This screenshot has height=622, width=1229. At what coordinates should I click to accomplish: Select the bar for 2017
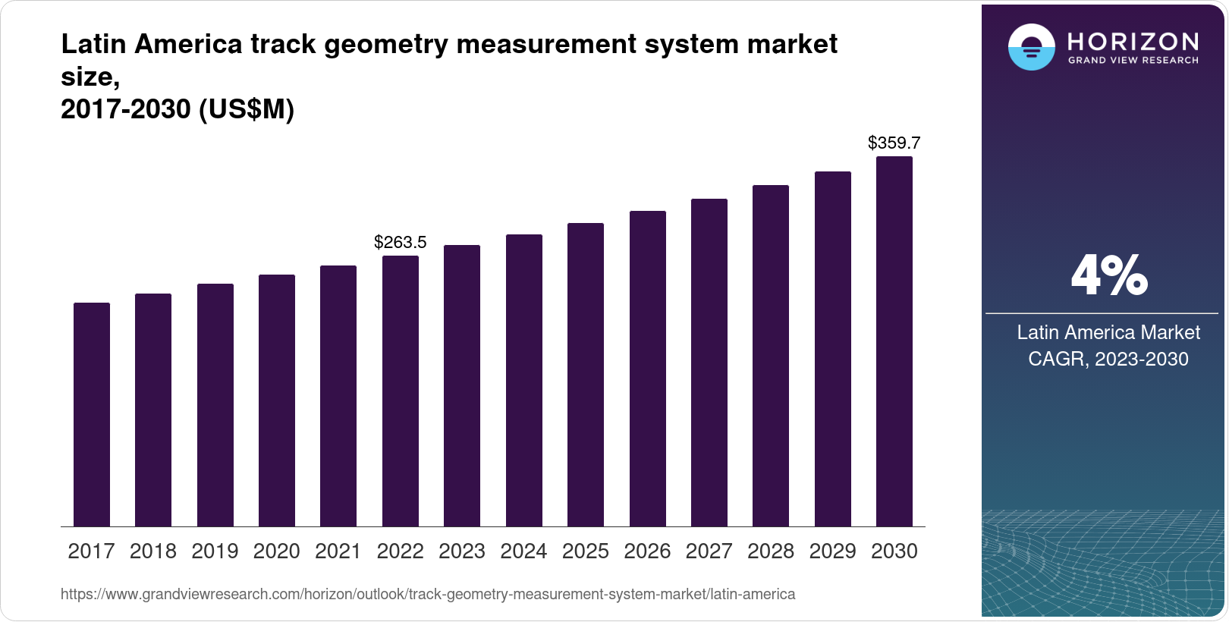(92, 414)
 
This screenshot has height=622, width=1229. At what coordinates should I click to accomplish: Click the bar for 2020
(277, 401)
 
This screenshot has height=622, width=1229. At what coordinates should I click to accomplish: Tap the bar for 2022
(401, 391)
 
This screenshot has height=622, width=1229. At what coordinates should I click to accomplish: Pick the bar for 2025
(586, 375)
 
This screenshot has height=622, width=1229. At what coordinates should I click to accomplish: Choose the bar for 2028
(771, 356)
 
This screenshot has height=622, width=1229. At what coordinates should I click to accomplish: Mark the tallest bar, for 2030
(894, 341)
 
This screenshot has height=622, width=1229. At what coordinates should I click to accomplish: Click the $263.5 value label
(401, 243)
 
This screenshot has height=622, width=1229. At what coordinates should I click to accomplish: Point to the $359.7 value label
(894, 143)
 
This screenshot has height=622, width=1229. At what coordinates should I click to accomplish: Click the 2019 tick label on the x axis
(215, 551)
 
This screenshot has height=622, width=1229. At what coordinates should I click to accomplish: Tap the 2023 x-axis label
(462, 551)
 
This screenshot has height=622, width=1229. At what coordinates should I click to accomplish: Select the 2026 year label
(647, 551)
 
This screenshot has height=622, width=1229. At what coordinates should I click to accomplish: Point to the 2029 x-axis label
(832, 551)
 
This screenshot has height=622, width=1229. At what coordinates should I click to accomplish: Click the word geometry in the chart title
(386, 45)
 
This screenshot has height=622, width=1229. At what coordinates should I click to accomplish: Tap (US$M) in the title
(246, 110)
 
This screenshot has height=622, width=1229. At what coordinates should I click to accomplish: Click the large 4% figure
(1108, 275)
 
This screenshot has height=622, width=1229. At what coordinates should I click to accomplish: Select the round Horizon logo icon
(1031, 47)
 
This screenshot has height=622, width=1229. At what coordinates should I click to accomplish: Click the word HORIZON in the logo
(1133, 41)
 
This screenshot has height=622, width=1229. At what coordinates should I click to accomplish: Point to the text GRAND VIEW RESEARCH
(1133, 61)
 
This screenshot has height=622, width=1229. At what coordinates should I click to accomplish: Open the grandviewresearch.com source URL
(428, 594)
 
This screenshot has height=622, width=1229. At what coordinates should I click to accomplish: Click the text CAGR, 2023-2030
(1108, 359)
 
